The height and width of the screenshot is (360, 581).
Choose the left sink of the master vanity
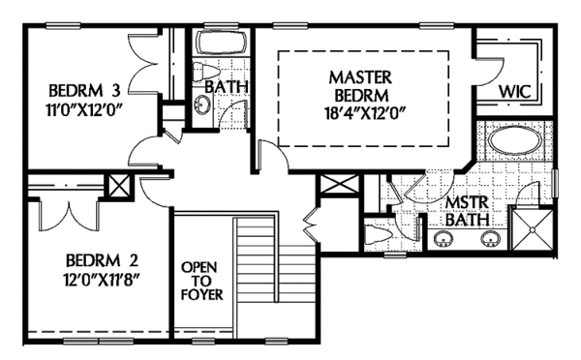445,238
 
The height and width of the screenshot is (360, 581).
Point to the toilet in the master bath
378,233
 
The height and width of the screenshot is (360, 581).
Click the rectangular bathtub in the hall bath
221,44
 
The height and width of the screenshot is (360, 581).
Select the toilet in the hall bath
204,75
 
